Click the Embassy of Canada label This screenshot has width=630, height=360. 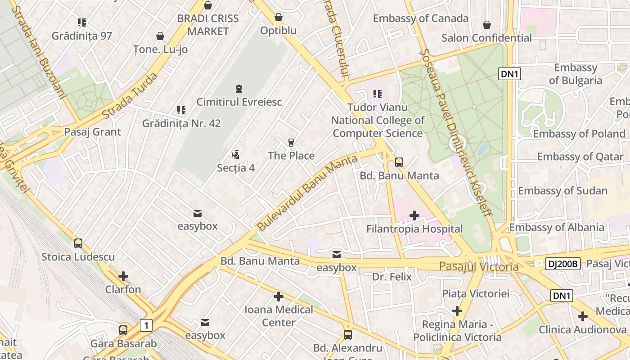(x=420, y=18)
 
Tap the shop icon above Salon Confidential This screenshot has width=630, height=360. (x=486, y=25)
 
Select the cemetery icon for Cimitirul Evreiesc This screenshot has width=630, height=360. (x=238, y=89)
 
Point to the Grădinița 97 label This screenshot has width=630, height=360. (x=81, y=36)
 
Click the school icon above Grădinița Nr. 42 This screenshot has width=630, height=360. (x=181, y=110)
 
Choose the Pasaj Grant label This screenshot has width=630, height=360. (x=92, y=132)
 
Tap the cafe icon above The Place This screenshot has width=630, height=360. (x=291, y=143)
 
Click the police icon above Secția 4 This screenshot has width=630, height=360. (x=235, y=155)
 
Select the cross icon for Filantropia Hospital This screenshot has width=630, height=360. (x=414, y=216)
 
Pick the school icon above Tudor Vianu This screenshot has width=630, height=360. (x=377, y=94)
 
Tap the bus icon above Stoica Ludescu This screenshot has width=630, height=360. (x=78, y=243)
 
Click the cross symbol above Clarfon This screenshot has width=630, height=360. (x=123, y=276)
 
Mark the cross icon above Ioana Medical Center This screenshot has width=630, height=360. (x=279, y=297)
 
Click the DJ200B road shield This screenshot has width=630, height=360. (x=562, y=264)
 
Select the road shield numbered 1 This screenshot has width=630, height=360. (x=146, y=325)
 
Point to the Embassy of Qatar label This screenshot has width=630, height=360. (x=580, y=157)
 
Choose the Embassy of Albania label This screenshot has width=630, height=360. (x=556, y=227)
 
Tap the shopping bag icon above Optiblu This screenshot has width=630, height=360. (x=279, y=18)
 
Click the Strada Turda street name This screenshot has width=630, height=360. (x=130, y=96)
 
